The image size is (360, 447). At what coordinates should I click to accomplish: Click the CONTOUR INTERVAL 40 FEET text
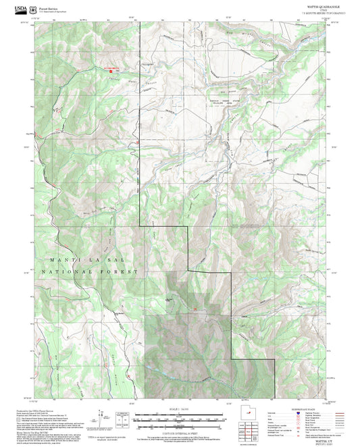(179, 431)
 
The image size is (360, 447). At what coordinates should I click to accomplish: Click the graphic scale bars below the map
(179, 420)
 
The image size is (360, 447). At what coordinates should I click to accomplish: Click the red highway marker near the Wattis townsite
(195, 309)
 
